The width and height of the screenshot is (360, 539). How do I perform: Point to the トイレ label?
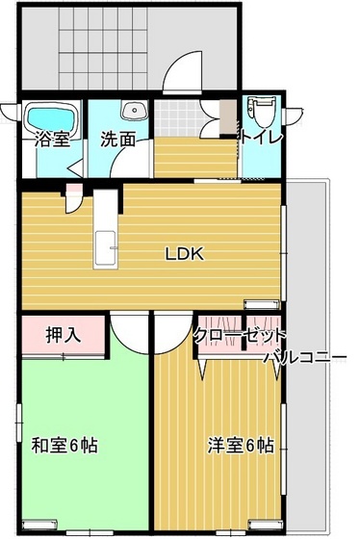[x=262, y=138]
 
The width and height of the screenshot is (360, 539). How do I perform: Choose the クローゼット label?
[x=240, y=336]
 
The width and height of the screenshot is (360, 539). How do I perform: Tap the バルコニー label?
[x=305, y=358]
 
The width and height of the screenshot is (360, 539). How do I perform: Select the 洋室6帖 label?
[x=241, y=447]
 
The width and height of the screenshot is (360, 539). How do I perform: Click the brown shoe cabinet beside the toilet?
[x=227, y=119]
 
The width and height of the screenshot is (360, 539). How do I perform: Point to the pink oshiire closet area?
[x=63, y=336]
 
